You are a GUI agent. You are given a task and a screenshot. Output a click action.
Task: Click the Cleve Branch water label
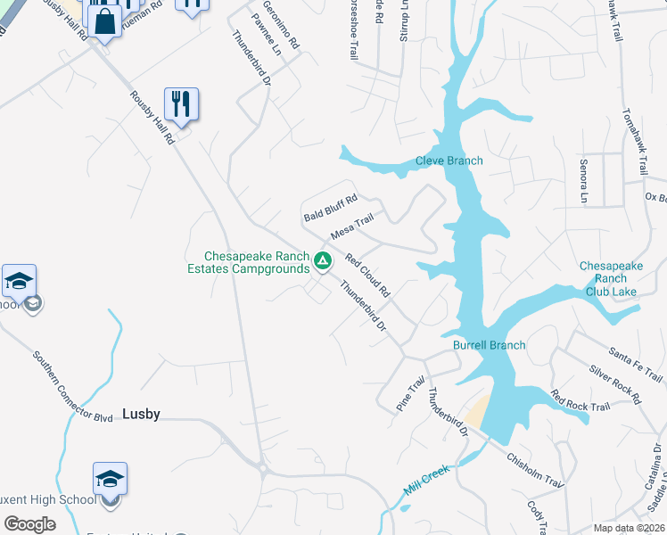(x=449, y=161)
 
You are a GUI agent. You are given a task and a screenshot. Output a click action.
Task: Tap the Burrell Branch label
(x=489, y=345)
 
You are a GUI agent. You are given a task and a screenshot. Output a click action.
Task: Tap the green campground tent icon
(x=324, y=261)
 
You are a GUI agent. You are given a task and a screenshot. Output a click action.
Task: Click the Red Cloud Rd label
(x=367, y=276)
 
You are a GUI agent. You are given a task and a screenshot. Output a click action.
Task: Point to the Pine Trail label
(x=411, y=394)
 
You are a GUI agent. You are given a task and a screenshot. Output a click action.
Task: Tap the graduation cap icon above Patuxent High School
(x=111, y=480)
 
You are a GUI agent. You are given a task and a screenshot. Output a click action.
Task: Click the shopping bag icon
(x=105, y=22)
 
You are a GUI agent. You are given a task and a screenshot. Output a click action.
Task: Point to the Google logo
(x=30, y=524)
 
